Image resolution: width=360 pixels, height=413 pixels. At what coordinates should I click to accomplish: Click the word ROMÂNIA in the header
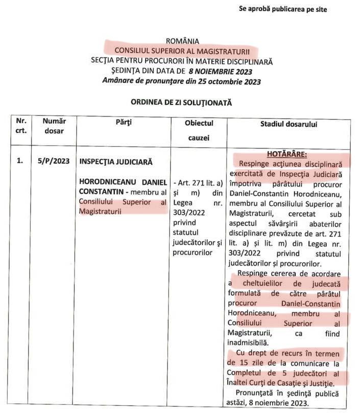(182, 41)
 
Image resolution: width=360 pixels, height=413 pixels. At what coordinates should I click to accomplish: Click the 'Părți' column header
(125, 123)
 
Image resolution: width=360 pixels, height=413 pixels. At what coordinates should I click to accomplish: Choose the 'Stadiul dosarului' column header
(289, 124)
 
